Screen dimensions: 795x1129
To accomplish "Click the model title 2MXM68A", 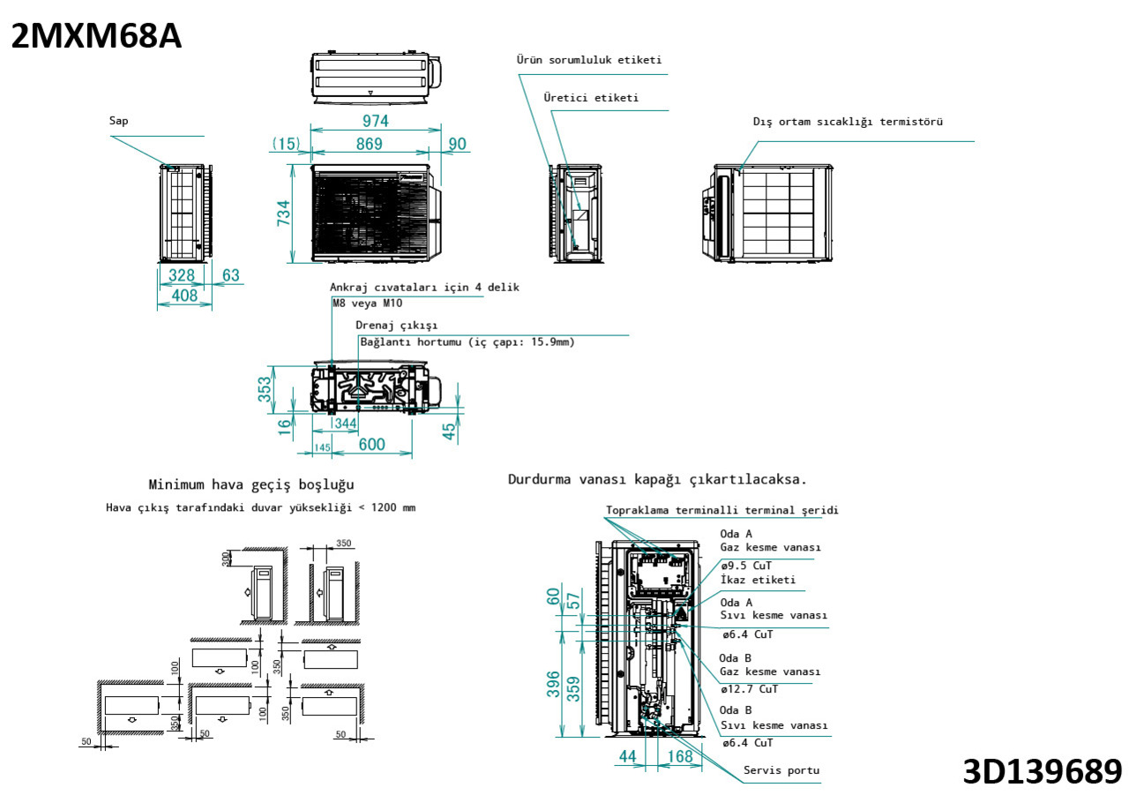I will coord(95,36).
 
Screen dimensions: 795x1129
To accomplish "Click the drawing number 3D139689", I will coord(1042,770).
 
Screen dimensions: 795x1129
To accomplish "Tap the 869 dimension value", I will coord(369,144).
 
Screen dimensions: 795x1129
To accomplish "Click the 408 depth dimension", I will coord(184,296).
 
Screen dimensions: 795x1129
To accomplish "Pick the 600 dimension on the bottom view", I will coord(371,444).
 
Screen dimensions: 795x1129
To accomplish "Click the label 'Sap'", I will coord(118,121).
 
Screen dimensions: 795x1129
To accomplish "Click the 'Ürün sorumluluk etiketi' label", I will coord(588,60).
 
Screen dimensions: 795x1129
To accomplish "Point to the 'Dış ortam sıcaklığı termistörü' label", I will coord(847,122).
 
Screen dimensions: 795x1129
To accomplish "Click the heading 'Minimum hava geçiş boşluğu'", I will coord(251,484).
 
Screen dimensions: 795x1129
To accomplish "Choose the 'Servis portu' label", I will coord(781,770).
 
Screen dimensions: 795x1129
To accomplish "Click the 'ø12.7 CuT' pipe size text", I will coord(749,689).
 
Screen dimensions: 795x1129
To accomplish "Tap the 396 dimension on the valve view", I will coord(552,684).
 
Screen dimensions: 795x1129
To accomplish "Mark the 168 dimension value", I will coord(679,756).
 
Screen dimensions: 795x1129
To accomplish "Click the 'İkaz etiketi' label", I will coord(757,580).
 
